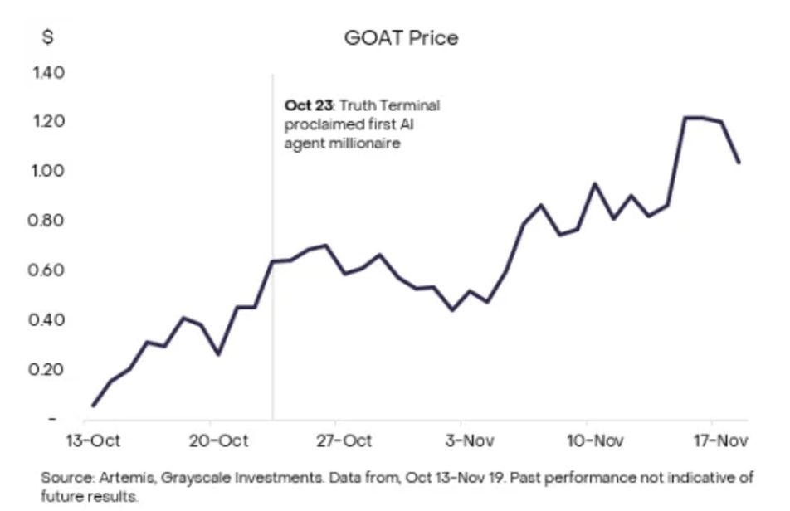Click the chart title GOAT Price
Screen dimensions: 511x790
click(x=401, y=38)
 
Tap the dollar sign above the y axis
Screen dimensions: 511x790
click(x=48, y=38)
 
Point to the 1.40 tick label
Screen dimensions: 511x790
click(x=48, y=72)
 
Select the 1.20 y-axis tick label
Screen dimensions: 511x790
click(x=48, y=122)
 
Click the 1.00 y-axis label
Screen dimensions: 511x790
click(x=48, y=171)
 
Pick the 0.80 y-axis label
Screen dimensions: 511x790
click(x=48, y=221)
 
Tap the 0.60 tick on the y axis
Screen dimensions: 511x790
click(x=48, y=270)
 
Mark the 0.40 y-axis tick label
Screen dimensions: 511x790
click(x=48, y=320)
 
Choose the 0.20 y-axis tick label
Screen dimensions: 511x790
click(x=48, y=369)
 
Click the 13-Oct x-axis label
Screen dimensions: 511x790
click(x=93, y=440)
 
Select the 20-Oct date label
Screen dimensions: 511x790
click(x=217, y=440)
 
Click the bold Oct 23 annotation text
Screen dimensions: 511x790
click(x=309, y=106)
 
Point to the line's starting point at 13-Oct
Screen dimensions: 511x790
click(x=93, y=406)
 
